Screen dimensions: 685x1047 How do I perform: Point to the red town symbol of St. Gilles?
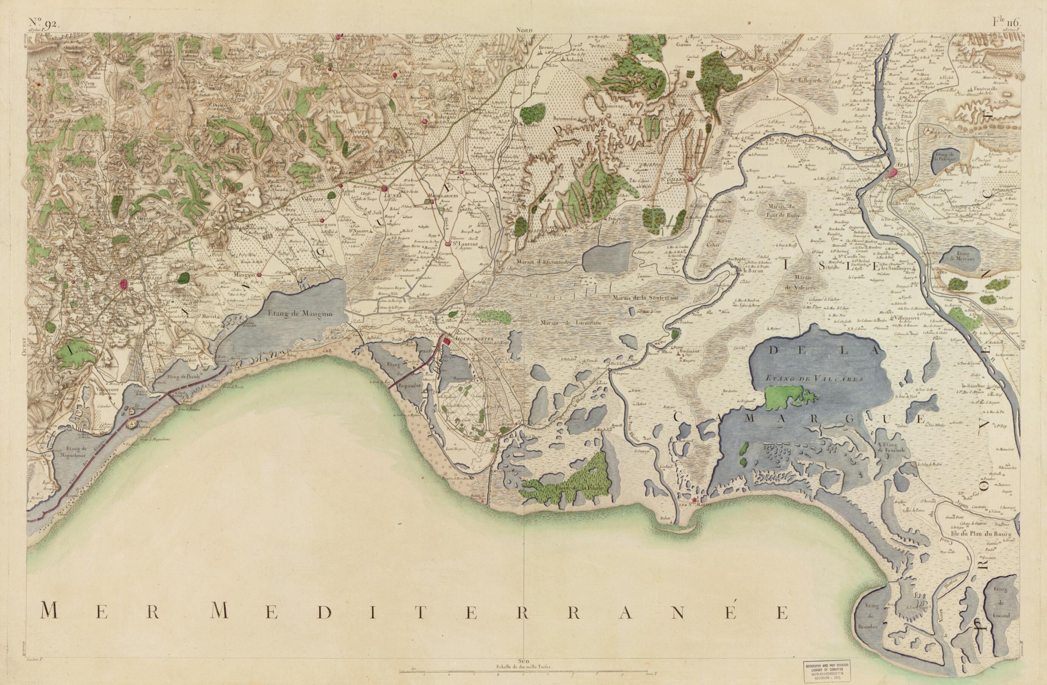(x=691, y=178)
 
